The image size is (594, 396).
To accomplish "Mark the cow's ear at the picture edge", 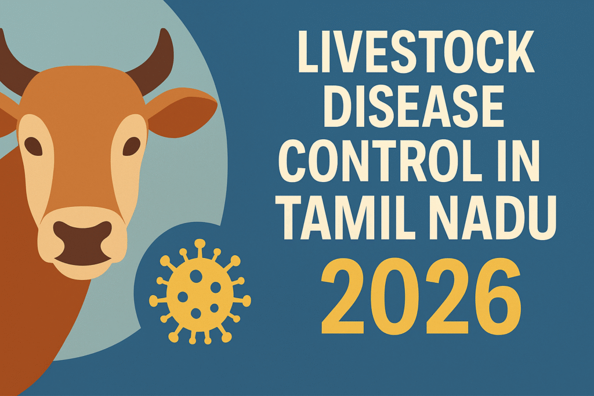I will click(x=6, y=119).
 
